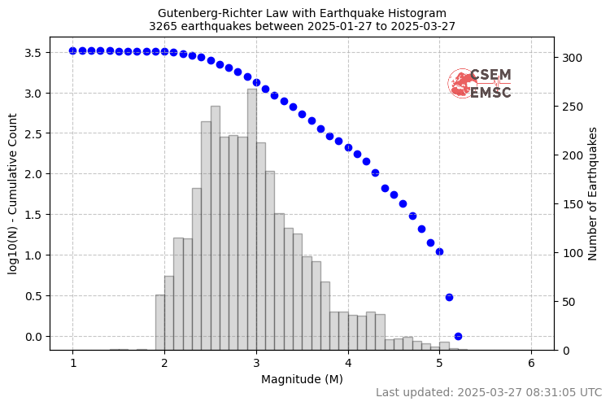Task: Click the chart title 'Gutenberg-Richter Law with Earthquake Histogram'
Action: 302,13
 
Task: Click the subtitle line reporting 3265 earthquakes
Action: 302,26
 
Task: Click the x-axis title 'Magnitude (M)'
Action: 302,379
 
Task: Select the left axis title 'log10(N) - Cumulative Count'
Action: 13,193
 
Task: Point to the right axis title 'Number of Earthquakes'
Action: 592,194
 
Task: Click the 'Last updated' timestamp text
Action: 489,392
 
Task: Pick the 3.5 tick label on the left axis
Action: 32,52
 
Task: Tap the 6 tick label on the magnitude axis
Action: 532,363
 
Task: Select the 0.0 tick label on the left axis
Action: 32,336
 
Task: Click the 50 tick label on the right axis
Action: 567,302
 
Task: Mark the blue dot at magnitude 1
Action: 72,50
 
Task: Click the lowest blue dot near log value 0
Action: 458,336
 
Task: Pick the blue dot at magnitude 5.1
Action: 449,297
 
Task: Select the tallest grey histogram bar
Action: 252,220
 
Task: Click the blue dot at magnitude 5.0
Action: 439,251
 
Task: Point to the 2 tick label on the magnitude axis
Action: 164,363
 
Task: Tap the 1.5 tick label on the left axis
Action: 32,215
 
